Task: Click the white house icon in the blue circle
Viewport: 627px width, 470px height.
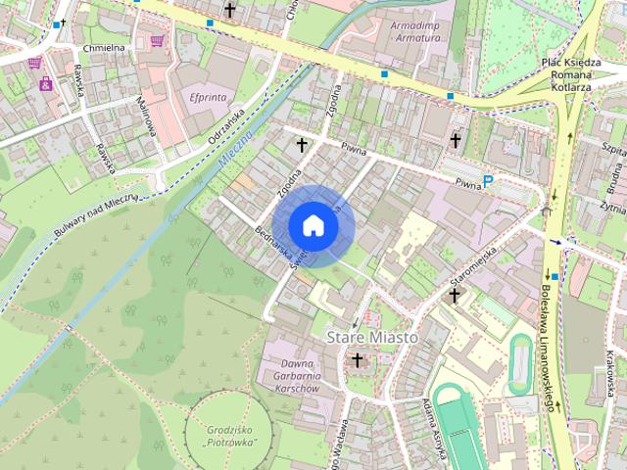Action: coord(313,225)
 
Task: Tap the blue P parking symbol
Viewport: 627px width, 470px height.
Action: coord(487,181)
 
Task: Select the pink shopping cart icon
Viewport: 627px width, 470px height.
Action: coord(157,41)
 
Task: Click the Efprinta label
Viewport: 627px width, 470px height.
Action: coord(207,98)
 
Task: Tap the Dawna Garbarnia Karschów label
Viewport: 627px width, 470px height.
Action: coord(287,376)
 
